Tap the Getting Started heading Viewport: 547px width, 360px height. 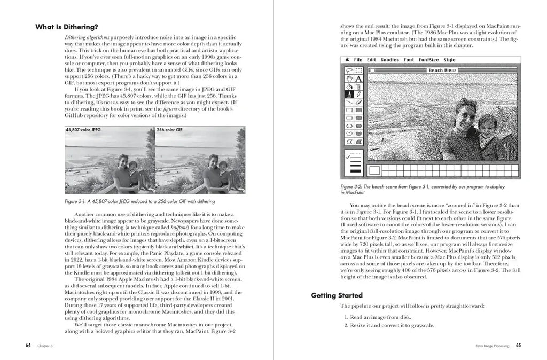pos(337,295)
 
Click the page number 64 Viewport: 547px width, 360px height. pos(28,345)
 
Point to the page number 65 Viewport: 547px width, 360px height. pos(518,345)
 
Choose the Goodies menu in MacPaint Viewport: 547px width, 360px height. pos(390,60)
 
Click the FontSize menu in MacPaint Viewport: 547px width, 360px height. pos(428,60)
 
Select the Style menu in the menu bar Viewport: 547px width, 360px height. pos(449,60)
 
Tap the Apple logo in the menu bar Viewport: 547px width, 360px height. pos(347,60)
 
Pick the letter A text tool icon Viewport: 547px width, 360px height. pos(358,79)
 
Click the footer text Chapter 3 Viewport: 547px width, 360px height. pos(45,346)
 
